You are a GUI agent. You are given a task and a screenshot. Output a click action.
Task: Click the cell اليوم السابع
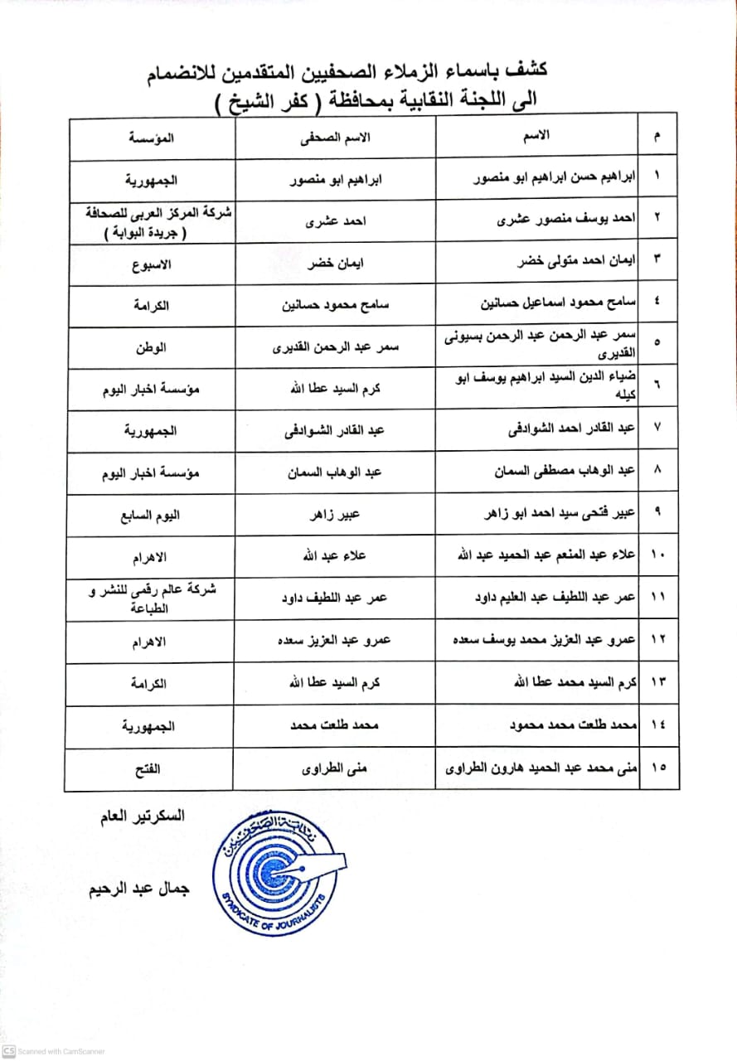point(151,515)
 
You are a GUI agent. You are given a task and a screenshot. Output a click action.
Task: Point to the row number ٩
point(657,515)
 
